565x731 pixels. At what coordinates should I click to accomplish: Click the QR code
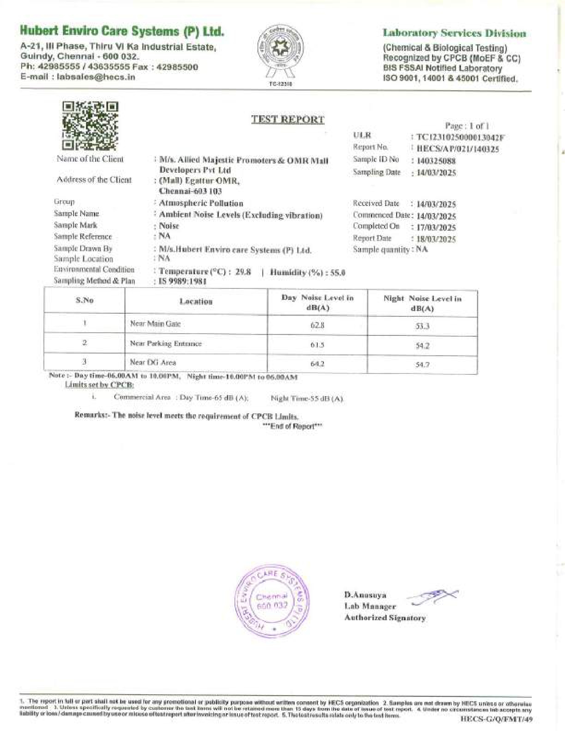pos(90,126)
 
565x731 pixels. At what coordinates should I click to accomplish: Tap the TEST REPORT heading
pos(288,119)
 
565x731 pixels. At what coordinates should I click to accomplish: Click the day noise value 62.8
pos(317,325)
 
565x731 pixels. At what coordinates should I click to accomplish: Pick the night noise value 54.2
pos(422,346)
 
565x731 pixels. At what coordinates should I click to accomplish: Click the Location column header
pos(196,301)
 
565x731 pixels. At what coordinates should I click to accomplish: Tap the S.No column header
pos(85,300)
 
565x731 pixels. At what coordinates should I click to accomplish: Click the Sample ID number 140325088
pos(436,161)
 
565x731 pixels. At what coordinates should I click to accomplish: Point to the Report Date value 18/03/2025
pos(436,239)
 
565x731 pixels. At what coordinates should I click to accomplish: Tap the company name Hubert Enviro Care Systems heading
pos(122,31)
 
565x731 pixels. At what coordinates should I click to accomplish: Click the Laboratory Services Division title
pos(454,33)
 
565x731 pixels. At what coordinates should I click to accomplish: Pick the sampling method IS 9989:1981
pos(183,281)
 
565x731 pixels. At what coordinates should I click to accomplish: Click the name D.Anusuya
pos(365,595)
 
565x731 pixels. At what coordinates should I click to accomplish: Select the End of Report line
pos(292,426)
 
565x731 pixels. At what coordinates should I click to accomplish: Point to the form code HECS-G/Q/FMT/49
pos(497,719)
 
